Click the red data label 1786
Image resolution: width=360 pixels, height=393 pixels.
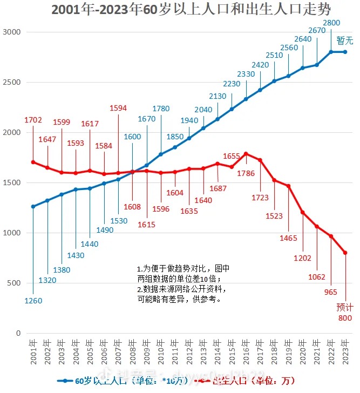click(x=246, y=174)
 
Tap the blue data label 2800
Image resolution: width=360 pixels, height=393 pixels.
click(x=331, y=23)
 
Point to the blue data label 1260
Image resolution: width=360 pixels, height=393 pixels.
click(x=33, y=301)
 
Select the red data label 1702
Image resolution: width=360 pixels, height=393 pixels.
click(x=33, y=120)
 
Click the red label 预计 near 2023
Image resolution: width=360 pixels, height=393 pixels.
click(x=344, y=307)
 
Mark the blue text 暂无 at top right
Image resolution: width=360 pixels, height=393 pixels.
click(x=345, y=40)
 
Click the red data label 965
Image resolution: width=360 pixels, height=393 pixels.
click(x=330, y=292)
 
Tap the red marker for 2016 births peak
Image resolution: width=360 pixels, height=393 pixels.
click(x=246, y=154)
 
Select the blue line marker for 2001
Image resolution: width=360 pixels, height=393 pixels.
click(x=33, y=206)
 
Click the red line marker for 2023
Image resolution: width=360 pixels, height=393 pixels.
click(x=345, y=253)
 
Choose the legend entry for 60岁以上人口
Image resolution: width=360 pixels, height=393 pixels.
click(x=124, y=381)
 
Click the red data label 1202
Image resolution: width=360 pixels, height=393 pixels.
click(x=302, y=258)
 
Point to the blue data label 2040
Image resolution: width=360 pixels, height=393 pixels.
click(x=203, y=110)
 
